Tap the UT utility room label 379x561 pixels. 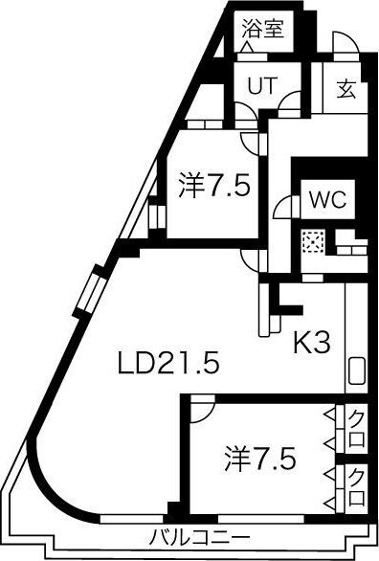pos(262,84)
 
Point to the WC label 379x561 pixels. pos(324,201)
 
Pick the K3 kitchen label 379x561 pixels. pos(312,342)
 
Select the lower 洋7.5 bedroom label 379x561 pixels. pos(260,456)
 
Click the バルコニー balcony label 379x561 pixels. pos(199,536)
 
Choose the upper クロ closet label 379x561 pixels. pos(356,420)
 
